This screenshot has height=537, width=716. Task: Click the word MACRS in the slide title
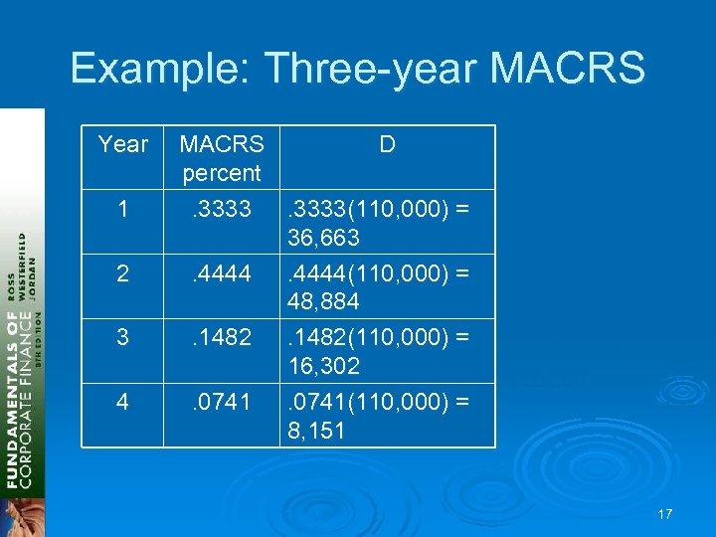[x=568, y=69]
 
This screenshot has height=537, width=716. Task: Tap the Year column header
[x=123, y=145]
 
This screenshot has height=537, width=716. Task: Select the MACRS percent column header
[x=221, y=158]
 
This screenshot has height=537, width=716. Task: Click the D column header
[x=387, y=145]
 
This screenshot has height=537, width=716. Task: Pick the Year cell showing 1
[x=123, y=210]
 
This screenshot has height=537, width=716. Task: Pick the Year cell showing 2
[x=123, y=272]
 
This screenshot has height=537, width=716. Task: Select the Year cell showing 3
[x=123, y=337]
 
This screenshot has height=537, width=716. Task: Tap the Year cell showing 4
[x=123, y=403]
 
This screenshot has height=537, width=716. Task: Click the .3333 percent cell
[x=221, y=210]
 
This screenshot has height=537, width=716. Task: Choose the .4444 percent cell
[x=221, y=272]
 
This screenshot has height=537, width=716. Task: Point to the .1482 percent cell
[x=221, y=337]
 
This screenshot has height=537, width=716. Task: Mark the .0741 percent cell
[x=221, y=403]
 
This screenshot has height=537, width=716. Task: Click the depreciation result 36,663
[x=323, y=239]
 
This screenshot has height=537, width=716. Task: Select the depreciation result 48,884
[x=323, y=301]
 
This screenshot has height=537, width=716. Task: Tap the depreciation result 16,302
[x=323, y=366]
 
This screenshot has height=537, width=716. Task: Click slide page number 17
[x=664, y=514]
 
